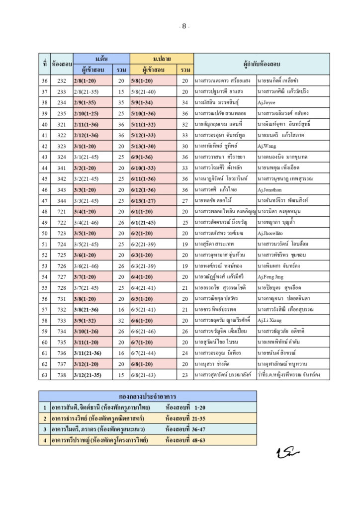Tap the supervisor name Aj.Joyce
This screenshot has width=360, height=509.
click(266, 102)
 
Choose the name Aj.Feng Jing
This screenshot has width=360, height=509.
click(271, 276)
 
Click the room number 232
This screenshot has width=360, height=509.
click(62, 81)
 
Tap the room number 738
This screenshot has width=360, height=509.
click(62, 374)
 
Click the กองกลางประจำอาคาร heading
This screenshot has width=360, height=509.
click(148, 396)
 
